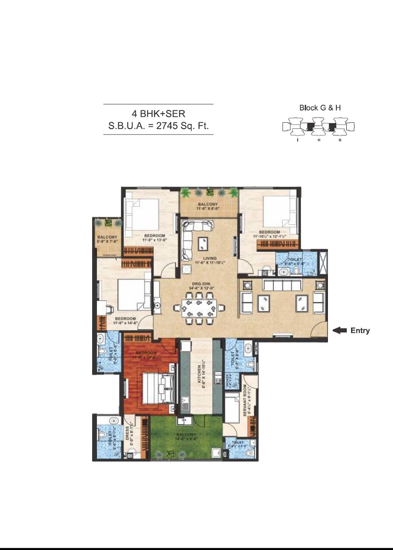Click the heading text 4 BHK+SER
point(158,114)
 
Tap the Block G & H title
point(320,107)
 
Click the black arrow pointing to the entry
point(340,330)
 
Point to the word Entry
point(360,330)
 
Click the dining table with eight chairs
point(199,309)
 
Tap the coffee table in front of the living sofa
point(202,243)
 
